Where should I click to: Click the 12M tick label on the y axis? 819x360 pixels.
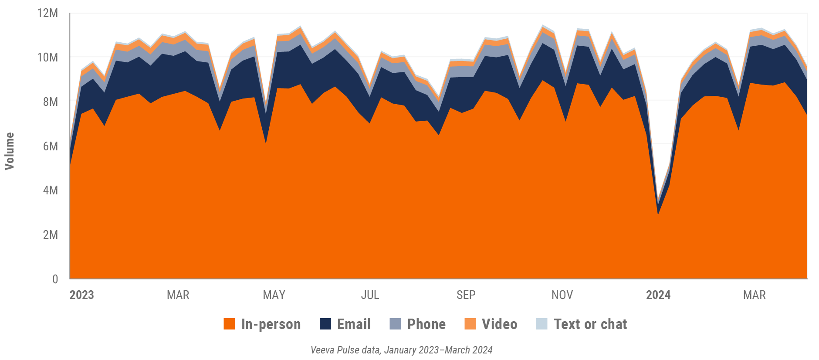tap(48, 13)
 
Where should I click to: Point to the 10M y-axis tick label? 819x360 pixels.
tap(48, 58)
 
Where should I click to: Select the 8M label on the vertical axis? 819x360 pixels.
tap(51, 102)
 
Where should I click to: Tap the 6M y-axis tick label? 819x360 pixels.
tap(51, 146)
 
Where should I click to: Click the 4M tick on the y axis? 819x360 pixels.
tap(51, 190)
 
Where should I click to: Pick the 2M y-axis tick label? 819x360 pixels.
tap(51, 235)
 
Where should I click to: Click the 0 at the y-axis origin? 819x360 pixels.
tap(55, 279)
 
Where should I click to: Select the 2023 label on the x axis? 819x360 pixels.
tap(82, 295)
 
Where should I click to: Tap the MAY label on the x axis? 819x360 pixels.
tap(274, 295)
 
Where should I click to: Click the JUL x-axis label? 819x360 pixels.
tap(370, 295)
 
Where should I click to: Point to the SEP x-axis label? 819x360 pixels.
tap(466, 295)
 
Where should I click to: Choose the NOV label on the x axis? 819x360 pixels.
tap(562, 295)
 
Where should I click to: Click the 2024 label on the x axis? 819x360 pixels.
tap(658, 295)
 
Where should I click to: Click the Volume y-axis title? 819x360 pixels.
tap(10, 151)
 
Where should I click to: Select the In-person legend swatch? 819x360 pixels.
tap(229, 324)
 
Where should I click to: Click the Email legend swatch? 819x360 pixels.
tap(325, 324)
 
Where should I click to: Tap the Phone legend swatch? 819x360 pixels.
tap(395, 324)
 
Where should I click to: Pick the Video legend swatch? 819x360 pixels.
tap(470, 324)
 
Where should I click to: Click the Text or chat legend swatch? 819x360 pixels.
tap(541, 324)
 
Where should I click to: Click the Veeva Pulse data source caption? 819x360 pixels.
tap(401, 350)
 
